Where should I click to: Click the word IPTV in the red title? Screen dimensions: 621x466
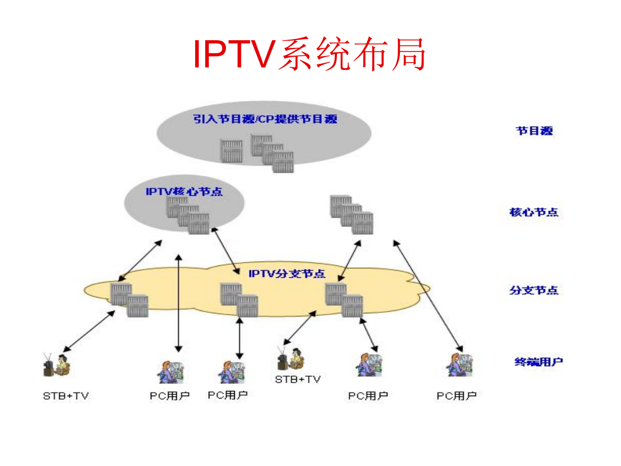coord(234,54)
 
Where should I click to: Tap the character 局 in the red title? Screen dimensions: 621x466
coord(409,54)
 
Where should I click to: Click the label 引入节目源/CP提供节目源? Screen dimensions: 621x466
coord(265,119)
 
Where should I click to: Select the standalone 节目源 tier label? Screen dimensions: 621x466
coord(534,131)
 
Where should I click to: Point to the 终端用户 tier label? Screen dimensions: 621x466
coord(538,361)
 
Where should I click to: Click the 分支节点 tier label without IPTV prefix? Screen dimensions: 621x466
coord(533,290)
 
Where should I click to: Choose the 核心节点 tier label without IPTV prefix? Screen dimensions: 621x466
coord(533,212)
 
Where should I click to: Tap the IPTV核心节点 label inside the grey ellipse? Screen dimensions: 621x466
coord(184,192)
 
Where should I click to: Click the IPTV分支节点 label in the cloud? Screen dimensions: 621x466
coord(287,274)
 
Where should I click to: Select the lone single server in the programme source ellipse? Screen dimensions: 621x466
coord(231,151)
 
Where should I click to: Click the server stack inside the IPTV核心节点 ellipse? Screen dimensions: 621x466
coord(187,215)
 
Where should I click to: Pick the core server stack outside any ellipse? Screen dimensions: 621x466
coord(352,214)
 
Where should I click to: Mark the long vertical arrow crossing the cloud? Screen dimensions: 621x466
coord(179,303)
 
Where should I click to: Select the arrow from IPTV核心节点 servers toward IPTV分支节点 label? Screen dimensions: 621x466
coord(226,251)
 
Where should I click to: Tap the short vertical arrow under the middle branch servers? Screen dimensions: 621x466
coord(239,338)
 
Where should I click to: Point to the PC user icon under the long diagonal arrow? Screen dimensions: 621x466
coord(460,365)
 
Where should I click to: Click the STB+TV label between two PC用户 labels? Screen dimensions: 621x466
coord(298,379)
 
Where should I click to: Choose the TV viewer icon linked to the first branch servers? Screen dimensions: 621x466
coord(57,365)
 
